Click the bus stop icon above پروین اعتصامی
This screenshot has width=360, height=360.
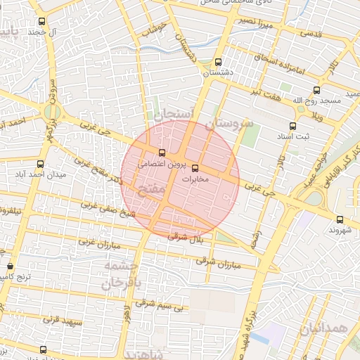pyautogui.click(x=162, y=153)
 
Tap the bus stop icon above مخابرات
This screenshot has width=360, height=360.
pyautogui.click(x=195, y=168)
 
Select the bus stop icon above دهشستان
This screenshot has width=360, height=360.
pyautogui.click(x=218, y=62)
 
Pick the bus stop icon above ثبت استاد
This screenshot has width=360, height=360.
pyautogui.click(x=292, y=126)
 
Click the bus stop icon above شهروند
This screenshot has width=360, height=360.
pyautogui.click(x=340, y=219)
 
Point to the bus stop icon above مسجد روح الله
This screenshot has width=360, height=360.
pyautogui.click(x=316, y=90)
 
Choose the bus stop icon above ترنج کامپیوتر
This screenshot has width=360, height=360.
pyautogui.click(x=10, y=266)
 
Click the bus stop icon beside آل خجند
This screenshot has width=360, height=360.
pyautogui.click(x=43, y=22)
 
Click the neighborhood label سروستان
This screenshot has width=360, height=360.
pyautogui.click(x=229, y=124)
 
